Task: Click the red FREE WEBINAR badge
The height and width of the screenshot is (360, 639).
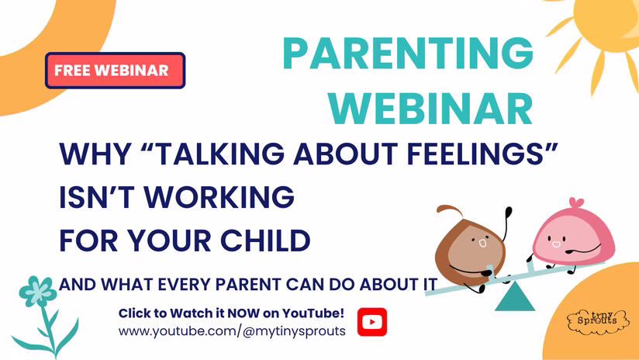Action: tap(116, 70)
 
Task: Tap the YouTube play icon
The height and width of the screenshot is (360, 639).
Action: tap(372, 322)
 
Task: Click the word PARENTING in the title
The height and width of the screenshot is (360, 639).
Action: tap(408, 53)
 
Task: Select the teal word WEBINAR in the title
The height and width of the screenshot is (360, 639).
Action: tap(430, 108)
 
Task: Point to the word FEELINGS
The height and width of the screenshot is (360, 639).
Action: tap(482, 154)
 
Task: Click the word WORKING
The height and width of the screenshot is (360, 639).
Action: tap(219, 196)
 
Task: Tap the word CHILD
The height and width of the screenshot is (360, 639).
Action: tap(265, 241)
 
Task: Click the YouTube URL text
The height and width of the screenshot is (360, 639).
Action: tap(232, 331)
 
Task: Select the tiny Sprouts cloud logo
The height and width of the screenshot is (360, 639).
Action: tap(598, 321)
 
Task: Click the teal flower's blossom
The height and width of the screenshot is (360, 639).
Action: tap(38, 291)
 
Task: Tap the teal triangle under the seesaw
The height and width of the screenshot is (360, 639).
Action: tap(515, 297)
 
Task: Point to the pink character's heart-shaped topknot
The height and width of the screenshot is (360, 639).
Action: tap(576, 202)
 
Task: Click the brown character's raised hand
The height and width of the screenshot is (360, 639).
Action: tap(508, 212)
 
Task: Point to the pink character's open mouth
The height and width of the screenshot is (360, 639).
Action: tap(556, 244)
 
